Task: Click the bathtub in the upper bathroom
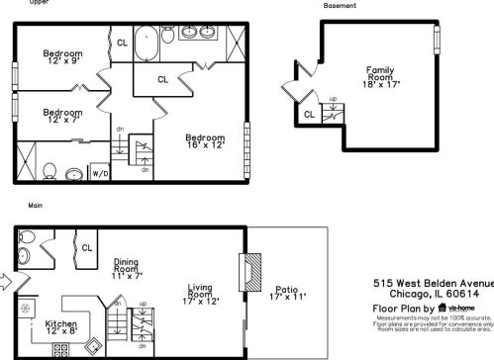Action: [x=149, y=45]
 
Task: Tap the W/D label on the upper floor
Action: [x=100, y=173]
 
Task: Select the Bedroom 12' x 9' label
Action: [x=62, y=58]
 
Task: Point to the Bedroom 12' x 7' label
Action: [x=62, y=117]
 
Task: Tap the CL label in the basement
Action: [x=309, y=115]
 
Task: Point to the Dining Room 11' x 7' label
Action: [x=126, y=267]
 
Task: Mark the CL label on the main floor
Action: [x=87, y=247]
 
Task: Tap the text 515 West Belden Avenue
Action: [x=433, y=281]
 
